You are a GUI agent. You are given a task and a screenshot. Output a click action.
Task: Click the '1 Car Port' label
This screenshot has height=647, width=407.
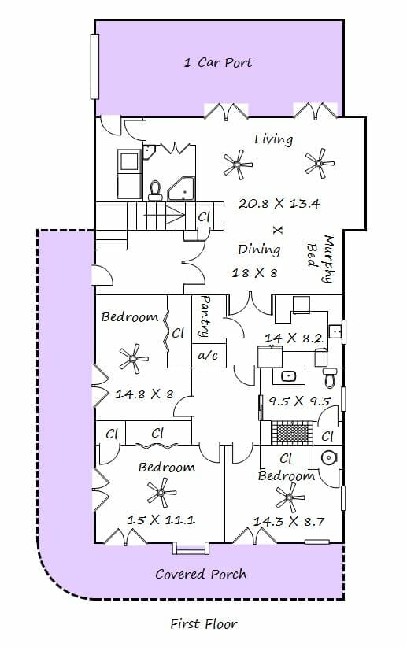pos(218,63)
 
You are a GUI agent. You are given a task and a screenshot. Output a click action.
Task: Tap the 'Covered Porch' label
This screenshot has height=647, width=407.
pos(201,574)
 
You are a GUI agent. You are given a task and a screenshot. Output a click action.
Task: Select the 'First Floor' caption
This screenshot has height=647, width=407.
pos(204,623)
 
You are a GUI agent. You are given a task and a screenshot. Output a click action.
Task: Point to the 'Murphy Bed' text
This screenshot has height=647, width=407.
pos(320,258)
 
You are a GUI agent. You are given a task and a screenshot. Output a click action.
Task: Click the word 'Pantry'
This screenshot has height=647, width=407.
pos(204,316)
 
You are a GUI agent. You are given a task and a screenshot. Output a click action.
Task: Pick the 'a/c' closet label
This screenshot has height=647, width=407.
pos(208,355)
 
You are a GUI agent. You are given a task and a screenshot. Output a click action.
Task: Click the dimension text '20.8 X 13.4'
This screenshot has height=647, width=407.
pos(279,203)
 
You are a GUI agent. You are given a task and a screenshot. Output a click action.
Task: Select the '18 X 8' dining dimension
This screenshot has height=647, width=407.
pos(254,273)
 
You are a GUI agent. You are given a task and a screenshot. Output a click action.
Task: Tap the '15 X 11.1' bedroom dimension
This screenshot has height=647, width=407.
pos(161,519)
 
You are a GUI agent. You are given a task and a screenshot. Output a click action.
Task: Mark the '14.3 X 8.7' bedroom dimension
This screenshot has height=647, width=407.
pos(289,522)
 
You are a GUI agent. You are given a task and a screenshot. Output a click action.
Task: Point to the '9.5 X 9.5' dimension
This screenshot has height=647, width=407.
pos(299,401)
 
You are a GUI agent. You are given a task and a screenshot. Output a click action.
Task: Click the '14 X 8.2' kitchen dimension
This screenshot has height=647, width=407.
pos(293,338)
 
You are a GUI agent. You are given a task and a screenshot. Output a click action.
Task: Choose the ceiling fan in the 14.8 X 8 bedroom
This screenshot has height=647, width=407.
pos(133,359)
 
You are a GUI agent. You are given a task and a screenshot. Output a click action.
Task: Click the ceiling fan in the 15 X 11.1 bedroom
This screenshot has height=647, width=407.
pos(161,493)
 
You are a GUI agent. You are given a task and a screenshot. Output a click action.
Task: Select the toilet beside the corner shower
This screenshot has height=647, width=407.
pos(155,190)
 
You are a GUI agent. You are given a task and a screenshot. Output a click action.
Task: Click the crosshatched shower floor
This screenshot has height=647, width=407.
pos(292,433)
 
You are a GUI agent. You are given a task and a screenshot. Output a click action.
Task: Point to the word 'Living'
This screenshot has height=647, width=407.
pos(274,139)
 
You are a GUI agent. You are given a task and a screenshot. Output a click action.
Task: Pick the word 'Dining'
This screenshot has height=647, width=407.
pos(259,250)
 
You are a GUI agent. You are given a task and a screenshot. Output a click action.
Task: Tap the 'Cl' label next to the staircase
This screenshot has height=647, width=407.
pos(204,216)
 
